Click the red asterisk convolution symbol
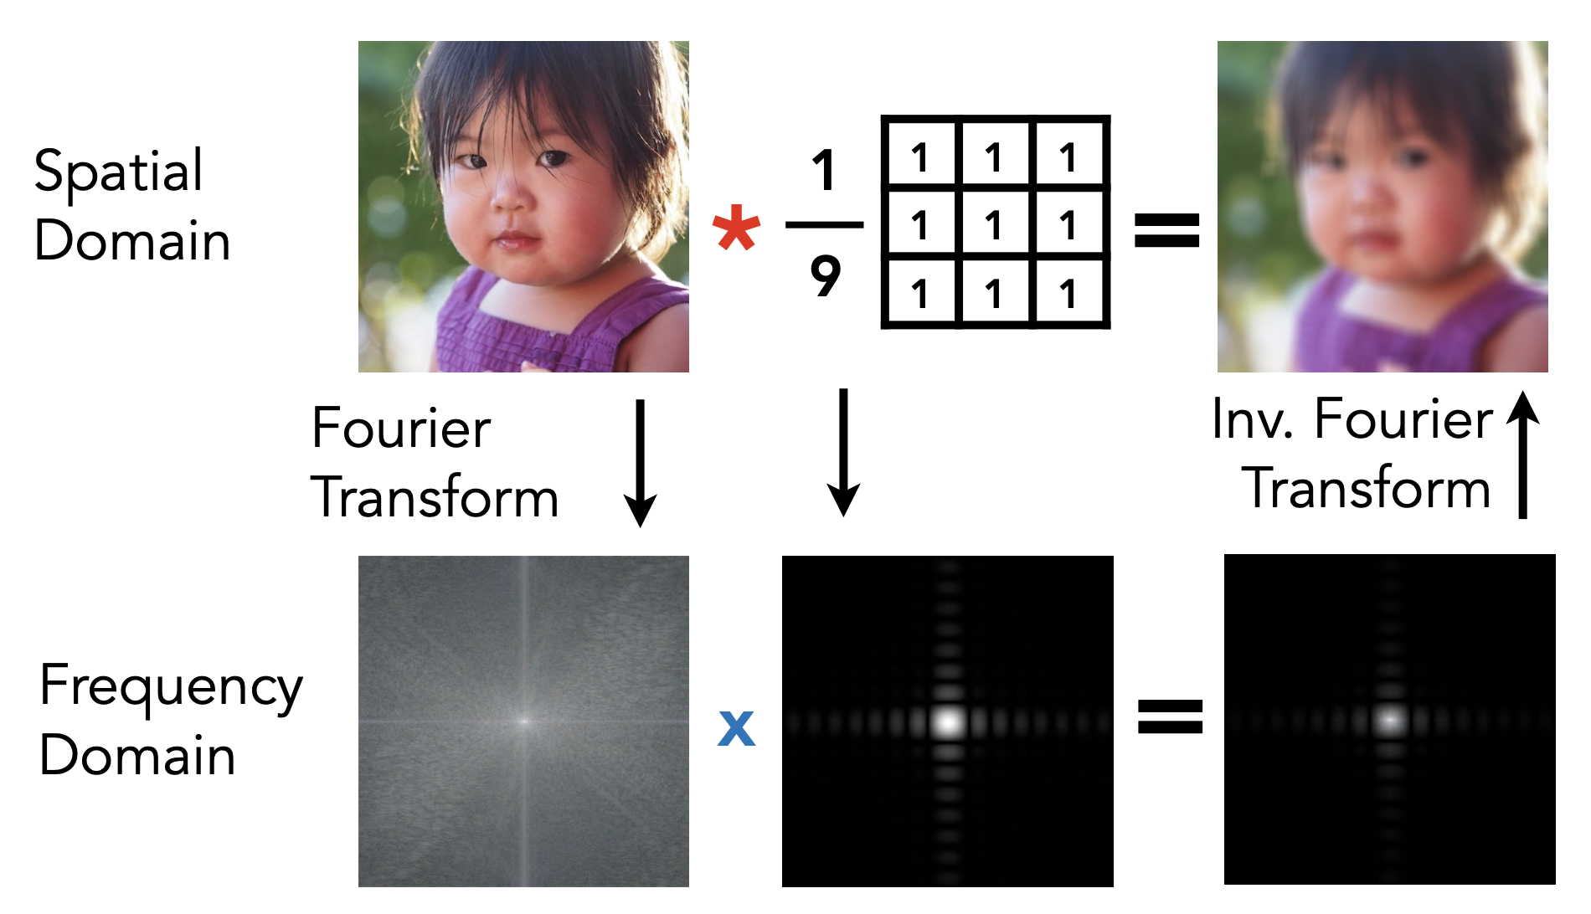(736, 228)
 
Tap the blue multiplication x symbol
(736, 727)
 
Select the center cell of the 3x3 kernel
(995, 224)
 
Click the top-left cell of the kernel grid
(920, 156)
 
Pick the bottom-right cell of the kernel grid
(1069, 293)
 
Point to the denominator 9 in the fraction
(825, 275)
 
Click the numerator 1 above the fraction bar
(824, 169)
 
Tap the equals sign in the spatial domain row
(1166, 230)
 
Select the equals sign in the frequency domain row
(1170, 717)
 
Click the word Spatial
(118, 172)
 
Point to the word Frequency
(171, 687)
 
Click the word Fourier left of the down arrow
(401, 428)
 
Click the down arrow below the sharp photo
(641, 463)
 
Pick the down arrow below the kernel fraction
(844, 452)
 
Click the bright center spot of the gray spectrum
(524, 721)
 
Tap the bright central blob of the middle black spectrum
(948, 721)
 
